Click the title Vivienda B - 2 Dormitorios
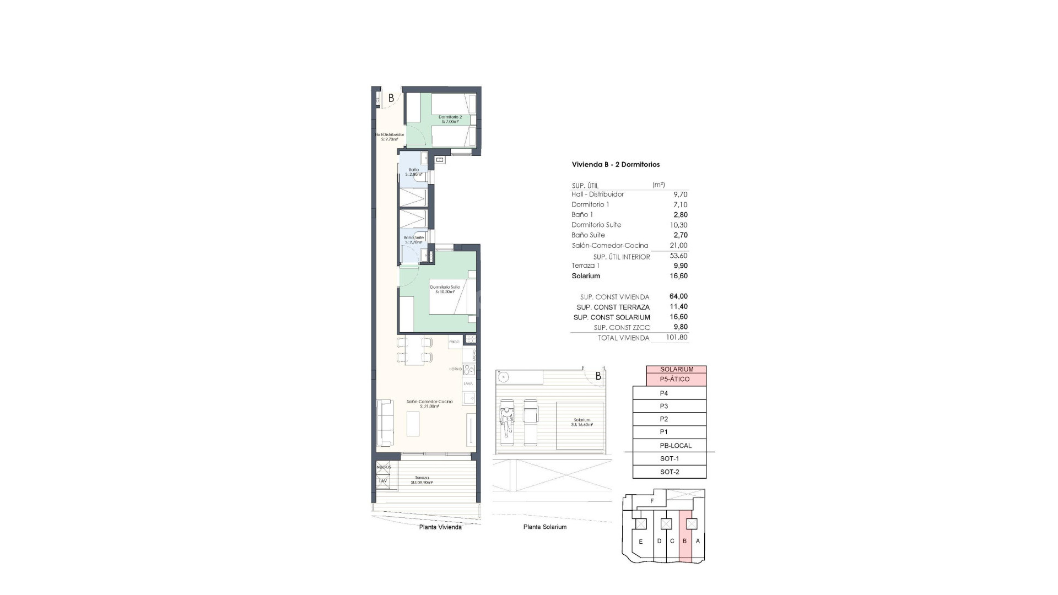[x=616, y=164]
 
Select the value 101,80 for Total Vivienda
[x=677, y=338]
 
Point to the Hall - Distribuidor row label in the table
[x=598, y=194]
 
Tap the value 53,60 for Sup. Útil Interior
[x=678, y=256]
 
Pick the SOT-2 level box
[x=670, y=472]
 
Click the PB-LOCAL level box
[x=675, y=446]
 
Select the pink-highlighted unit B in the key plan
[x=685, y=541]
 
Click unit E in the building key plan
[x=640, y=542]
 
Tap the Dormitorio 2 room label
[x=450, y=119]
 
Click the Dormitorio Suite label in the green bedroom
[x=445, y=289]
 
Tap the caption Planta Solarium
[x=544, y=527]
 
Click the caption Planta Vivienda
[x=440, y=527]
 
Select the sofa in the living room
[x=385, y=423]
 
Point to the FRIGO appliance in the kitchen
[x=454, y=342]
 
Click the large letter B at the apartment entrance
[x=391, y=98]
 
